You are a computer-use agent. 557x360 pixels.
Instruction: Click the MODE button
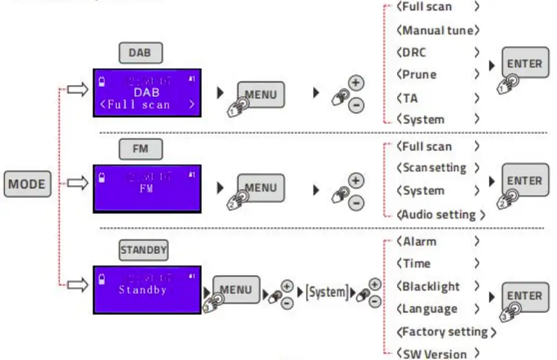(27, 184)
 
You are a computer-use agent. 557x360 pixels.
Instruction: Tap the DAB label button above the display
(139, 53)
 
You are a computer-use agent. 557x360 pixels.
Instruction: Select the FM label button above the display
(140, 149)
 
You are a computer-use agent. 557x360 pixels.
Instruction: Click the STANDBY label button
(143, 250)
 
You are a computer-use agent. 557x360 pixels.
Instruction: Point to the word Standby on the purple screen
(143, 290)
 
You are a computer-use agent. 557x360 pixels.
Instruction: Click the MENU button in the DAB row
(261, 94)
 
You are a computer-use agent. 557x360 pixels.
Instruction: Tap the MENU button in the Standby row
(236, 289)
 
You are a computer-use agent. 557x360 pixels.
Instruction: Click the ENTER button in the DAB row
(525, 64)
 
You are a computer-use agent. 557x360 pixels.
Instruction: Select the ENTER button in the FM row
(525, 181)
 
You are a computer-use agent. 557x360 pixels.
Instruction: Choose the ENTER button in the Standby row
(525, 296)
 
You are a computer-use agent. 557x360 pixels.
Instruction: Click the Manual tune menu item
(438, 30)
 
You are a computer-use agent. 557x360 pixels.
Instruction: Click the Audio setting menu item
(440, 215)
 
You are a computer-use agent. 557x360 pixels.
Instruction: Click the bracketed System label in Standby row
(326, 292)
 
